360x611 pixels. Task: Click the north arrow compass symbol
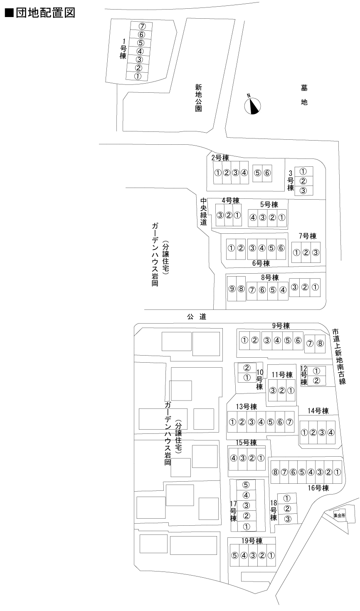[252, 106]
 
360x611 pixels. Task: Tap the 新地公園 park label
[198, 98]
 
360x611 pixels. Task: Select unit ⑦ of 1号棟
[142, 26]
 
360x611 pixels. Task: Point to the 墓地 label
[304, 95]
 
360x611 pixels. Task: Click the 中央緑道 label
[204, 212]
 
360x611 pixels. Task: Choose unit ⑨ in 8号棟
[232, 289]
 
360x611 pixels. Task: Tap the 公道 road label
[197, 317]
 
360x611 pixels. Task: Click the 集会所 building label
[339, 515]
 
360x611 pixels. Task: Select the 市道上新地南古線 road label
[339, 357]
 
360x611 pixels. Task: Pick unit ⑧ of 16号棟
[275, 472]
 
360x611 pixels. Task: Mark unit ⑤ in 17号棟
[246, 485]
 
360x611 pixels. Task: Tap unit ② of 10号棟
[247, 368]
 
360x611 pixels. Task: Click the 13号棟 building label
[247, 407]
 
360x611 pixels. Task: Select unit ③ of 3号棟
[303, 190]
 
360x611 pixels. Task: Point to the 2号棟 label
[220, 158]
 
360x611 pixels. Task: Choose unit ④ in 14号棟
[330, 432]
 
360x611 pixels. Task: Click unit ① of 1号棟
[138, 77]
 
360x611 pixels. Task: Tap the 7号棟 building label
[308, 236]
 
